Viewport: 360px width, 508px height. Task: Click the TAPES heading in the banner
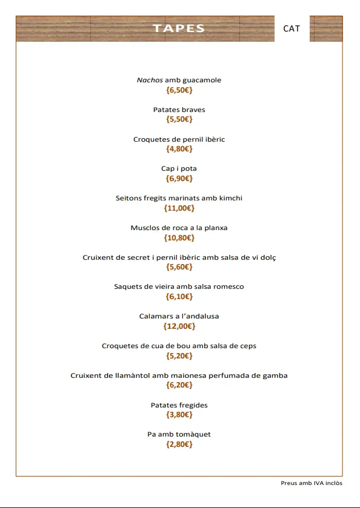point(179,28)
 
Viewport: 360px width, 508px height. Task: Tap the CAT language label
point(292,28)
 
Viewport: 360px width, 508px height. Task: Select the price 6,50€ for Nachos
point(179,90)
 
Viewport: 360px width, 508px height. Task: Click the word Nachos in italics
point(150,80)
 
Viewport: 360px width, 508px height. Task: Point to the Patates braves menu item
point(179,110)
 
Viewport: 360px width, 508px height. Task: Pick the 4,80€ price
point(179,149)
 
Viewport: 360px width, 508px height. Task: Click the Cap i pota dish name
point(179,168)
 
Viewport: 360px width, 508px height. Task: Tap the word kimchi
point(230,198)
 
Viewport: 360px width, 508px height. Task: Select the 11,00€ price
point(179,208)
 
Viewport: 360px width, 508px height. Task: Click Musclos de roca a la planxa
point(179,228)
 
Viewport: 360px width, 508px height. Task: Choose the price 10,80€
point(179,238)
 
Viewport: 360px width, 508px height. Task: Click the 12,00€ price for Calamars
point(179,326)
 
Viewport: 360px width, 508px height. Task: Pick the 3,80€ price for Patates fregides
point(179,415)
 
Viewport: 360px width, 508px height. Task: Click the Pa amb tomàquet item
point(179,434)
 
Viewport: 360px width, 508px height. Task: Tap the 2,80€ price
point(179,444)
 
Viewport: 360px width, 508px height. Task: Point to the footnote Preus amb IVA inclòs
point(312,483)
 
